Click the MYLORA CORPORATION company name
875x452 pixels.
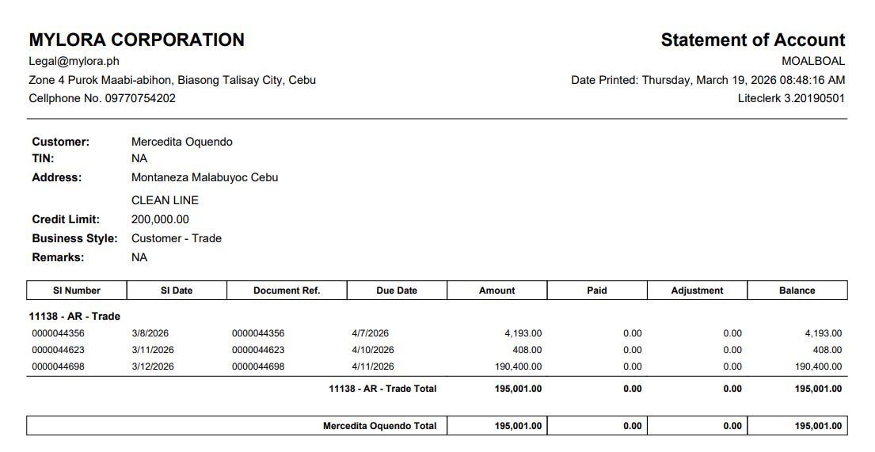(136, 40)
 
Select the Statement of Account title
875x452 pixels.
(752, 40)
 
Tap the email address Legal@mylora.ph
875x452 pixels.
(74, 61)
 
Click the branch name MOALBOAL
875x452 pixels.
(813, 61)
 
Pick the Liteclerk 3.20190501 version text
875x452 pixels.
(791, 98)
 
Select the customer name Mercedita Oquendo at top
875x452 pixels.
(182, 142)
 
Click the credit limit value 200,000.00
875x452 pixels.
(160, 219)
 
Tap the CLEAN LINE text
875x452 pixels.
(165, 200)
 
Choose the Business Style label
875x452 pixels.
(74, 238)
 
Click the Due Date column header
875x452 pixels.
(397, 291)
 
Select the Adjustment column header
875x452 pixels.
(697, 291)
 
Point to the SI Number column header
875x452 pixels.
(77, 291)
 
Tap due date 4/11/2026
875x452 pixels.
(373, 367)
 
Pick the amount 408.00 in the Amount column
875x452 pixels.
(527, 350)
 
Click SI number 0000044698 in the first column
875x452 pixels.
(59, 367)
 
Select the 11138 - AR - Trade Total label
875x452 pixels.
(382, 389)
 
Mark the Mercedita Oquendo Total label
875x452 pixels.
(379, 426)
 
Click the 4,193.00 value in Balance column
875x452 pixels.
(824, 333)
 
